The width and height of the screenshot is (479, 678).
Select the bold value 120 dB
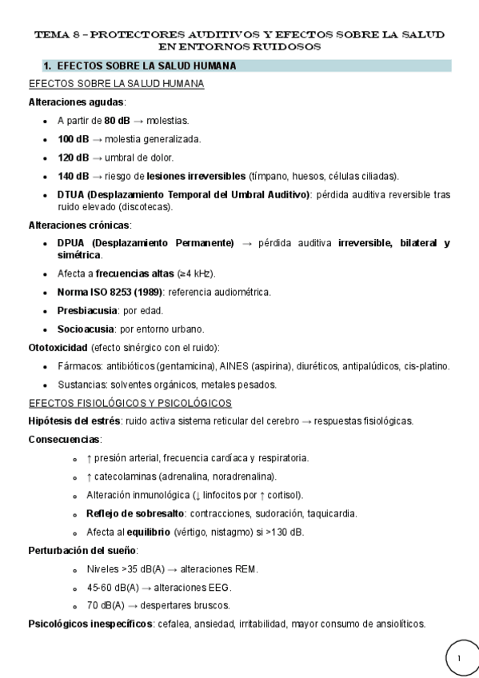pyautogui.click(x=74, y=157)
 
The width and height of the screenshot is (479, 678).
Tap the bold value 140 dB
pyautogui.click(x=74, y=176)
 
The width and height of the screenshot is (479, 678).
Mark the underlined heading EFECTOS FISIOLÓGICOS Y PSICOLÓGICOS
pyautogui.click(x=130, y=402)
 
